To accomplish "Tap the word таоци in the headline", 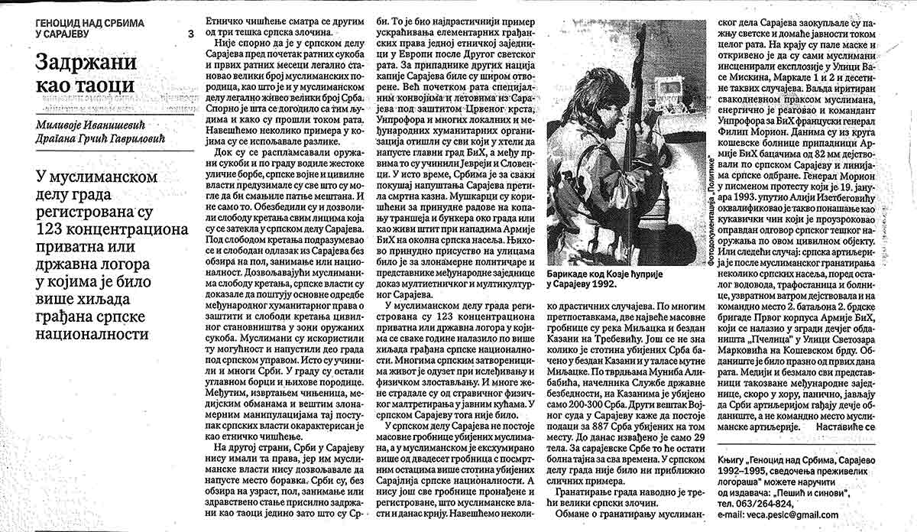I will (x=104, y=86).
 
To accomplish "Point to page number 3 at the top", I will (x=190, y=34).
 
